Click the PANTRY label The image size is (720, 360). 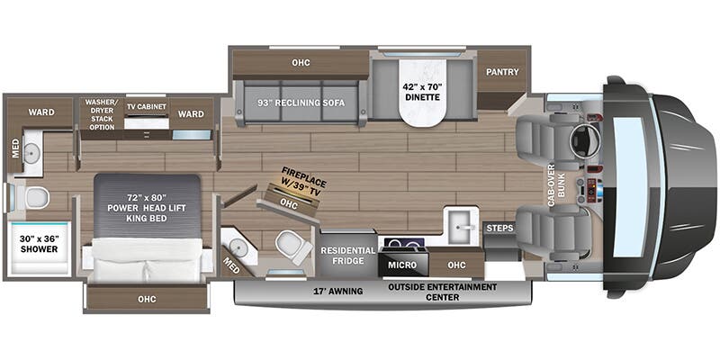coord(502,72)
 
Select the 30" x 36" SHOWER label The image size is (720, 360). coord(39,244)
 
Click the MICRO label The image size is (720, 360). coord(402,265)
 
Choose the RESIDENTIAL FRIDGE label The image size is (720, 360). coord(347,256)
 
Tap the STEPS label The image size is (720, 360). coord(499,229)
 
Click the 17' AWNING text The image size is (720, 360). coord(338,291)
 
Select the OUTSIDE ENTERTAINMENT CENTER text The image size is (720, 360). coord(442,292)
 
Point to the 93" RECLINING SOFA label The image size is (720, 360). coord(301,103)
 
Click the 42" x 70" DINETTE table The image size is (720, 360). coord(422,92)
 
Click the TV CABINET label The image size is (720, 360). coord(147,106)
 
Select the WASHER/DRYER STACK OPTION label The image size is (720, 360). coord(102,114)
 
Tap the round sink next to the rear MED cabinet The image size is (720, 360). coord(31,149)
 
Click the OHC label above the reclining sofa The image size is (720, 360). coord(301,62)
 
